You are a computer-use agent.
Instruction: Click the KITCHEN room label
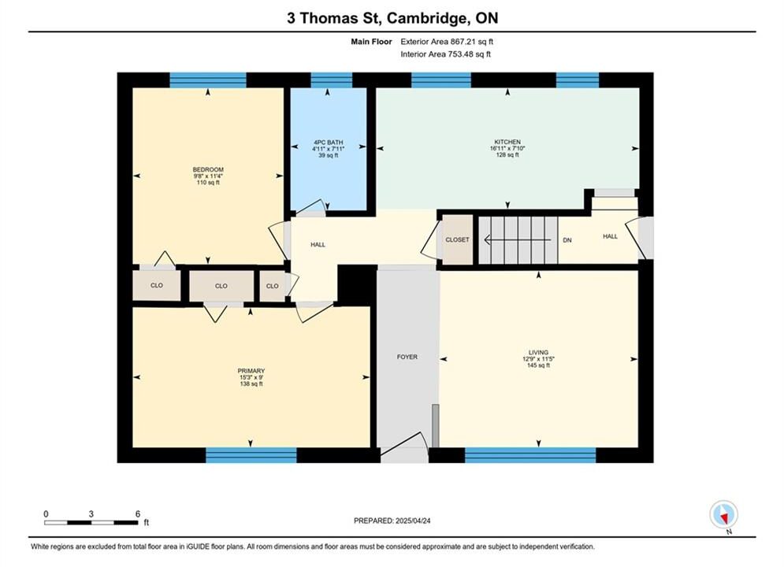pyautogui.click(x=507, y=142)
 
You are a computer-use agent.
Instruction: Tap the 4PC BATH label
pyautogui.click(x=329, y=143)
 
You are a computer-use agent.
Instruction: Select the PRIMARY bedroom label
pyautogui.click(x=251, y=371)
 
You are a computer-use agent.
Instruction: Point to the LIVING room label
pyautogui.click(x=538, y=352)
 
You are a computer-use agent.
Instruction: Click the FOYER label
pyautogui.click(x=407, y=357)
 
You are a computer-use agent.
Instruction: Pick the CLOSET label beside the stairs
pyautogui.click(x=458, y=239)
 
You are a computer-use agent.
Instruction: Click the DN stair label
pyautogui.click(x=567, y=240)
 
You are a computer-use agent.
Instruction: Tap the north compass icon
pyautogui.click(x=723, y=514)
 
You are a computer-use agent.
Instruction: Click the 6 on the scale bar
pyautogui.click(x=138, y=513)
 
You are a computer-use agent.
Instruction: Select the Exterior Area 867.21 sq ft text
pyautogui.click(x=447, y=42)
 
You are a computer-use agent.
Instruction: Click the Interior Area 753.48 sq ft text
pyautogui.click(x=445, y=54)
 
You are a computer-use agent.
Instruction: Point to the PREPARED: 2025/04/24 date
pyautogui.click(x=392, y=521)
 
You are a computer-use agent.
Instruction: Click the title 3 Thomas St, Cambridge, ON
pyautogui.click(x=392, y=18)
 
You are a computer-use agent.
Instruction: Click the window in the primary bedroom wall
pyautogui.click(x=251, y=455)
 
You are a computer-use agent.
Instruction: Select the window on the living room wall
pyautogui.click(x=530, y=455)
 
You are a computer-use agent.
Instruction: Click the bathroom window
pyautogui.click(x=332, y=80)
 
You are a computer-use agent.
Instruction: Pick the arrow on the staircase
pyautogui.click(x=518, y=240)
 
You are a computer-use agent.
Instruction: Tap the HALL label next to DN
pyautogui.click(x=610, y=236)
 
